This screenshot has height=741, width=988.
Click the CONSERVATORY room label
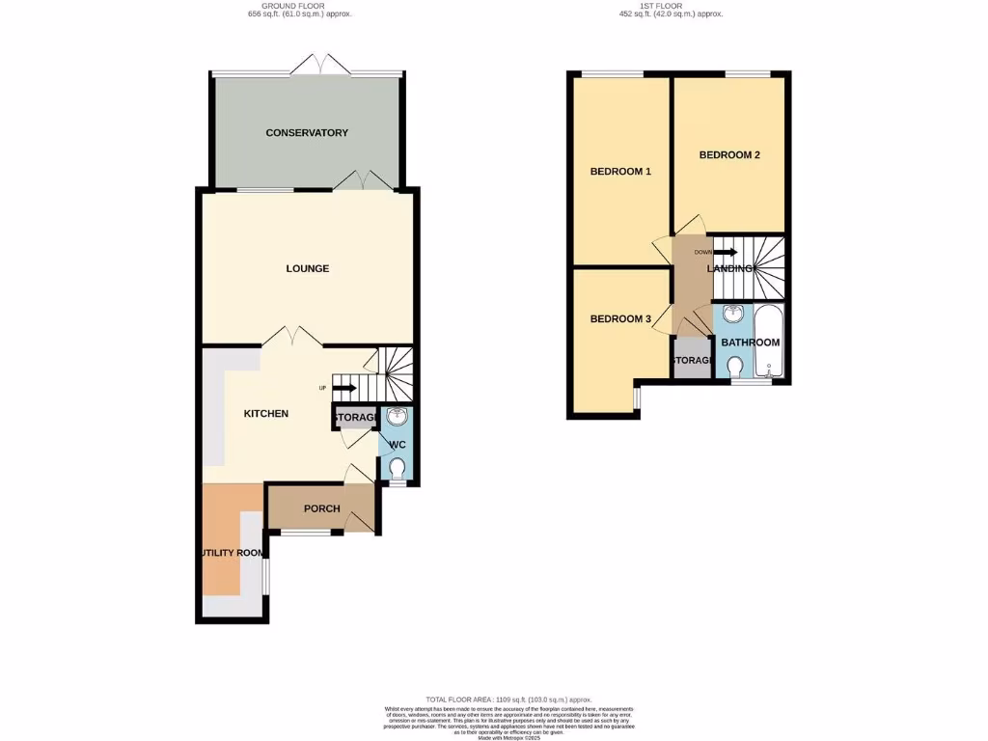click(x=307, y=133)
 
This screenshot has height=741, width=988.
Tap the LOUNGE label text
click(x=307, y=268)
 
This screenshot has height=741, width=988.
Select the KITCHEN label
click(x=265, y=413)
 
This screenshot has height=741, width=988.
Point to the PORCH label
click(x=322, y=508)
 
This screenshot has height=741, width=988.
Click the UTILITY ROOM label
click(x=233, y=553)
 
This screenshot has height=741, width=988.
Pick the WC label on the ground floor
click(x=398, y=445)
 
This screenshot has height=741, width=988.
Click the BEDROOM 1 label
click(x=620, y=172)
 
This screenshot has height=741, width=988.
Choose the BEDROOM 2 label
click(x=729, y=154)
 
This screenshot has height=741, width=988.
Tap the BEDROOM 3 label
click(x=620, y=319)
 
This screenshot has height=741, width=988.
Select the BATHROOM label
click(x=750, y=343)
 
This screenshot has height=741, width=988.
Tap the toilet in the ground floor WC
click(x=398, y=469)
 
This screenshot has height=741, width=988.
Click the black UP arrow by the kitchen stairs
click(x=345, y=388)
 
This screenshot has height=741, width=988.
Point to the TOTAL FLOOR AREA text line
click(x=508, y=699)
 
